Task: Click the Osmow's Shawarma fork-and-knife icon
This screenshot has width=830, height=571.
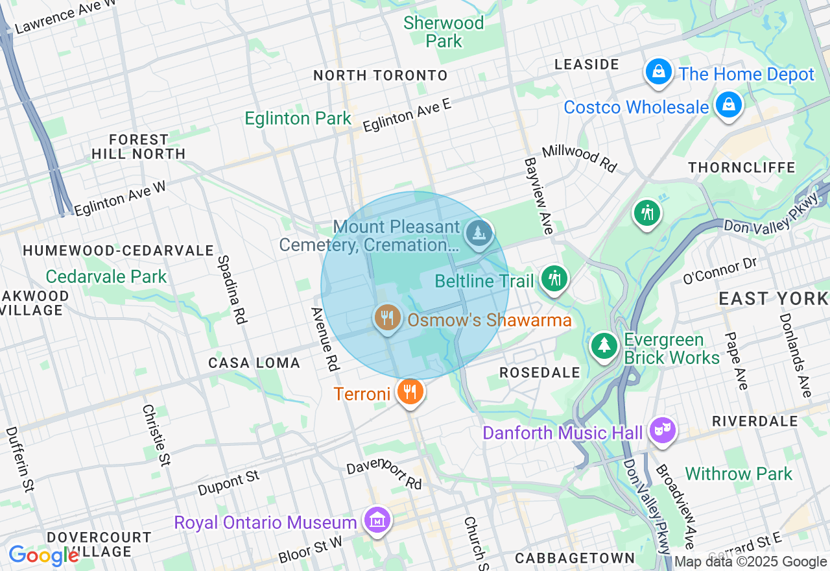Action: click(x=387, y=318)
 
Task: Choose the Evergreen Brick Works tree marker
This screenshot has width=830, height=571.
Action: click(x=604, y=345)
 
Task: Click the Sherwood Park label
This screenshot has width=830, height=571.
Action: click(x=444, y=32)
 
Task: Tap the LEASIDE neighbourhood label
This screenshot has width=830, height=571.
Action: click(x=587, y=64)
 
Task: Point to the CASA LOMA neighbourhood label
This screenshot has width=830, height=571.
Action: click(x=254, y=363)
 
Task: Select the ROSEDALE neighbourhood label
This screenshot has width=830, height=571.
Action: click(x=539, y=372)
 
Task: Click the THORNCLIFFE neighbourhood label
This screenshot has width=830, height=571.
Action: click(x=742, y=167)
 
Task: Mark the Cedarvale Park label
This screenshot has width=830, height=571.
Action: click(x=106, y=276)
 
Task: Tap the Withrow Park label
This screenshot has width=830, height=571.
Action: click(x=739, y=474)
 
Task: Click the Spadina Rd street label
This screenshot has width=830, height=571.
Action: click(x=232, y=289)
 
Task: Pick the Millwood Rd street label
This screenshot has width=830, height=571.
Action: click(x=579, y=158)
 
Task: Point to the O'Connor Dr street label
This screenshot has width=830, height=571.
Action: click(x=720, y=271)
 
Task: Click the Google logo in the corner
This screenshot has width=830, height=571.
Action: click(x=43, y=555)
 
